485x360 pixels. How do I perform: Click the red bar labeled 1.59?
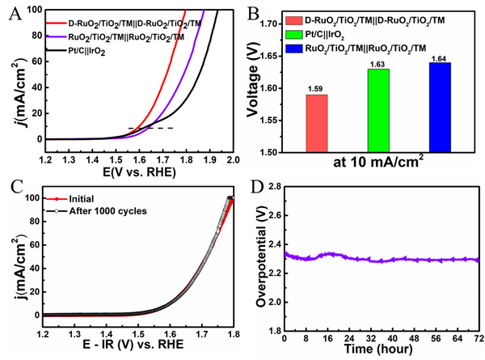317,123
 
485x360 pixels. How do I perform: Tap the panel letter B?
253,14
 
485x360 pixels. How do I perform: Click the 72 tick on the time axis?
478,339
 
